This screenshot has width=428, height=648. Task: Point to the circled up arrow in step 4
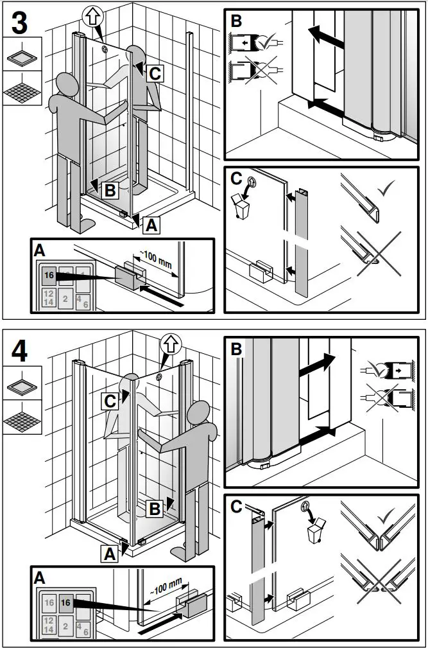pyautogui.click(x=171, y=346)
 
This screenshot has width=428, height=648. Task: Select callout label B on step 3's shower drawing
pyautogui.click(x=110, y=189)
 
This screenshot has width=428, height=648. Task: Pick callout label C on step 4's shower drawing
pyautogui.click(x=111, y=400)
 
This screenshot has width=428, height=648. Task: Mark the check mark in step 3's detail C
pyautogui.click(x=385, y=190)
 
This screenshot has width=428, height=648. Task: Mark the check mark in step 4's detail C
pyautogui.click(x=385, y=516)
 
